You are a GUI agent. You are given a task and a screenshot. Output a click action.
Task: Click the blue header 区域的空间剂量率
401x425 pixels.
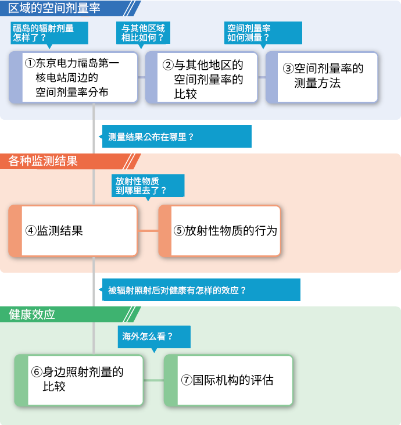tap(54, 8)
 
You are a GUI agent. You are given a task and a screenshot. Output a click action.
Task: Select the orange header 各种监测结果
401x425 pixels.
tap(44, 161)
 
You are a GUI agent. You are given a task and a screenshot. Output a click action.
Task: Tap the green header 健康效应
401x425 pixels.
tap(32, 315)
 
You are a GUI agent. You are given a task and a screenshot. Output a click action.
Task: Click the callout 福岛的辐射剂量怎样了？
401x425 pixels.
tap(49, 33)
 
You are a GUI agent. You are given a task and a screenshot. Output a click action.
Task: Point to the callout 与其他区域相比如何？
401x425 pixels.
tap(143, 33)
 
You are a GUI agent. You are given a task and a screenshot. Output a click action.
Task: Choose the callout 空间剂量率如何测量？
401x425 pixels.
tap(263, 33)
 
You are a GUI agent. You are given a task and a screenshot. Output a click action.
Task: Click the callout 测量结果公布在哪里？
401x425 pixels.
tap(177, 136)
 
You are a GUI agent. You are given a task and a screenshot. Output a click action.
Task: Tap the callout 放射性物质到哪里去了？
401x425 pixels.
tap(148, 185)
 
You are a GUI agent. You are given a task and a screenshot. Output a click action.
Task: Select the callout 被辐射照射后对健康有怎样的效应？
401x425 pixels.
tap(201, 290)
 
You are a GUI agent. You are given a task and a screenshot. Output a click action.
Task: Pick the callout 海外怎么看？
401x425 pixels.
tap(154, 337)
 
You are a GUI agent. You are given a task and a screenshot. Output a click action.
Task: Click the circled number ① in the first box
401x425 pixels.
tap(30, 63)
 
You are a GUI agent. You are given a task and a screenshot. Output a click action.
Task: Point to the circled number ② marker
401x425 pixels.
tap(169, 65)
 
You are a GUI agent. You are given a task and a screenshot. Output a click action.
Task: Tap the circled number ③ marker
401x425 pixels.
tap(288, 69)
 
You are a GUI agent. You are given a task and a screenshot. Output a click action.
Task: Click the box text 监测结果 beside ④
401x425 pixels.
tap(60, 231)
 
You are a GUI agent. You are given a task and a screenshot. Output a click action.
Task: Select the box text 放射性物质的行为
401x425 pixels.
tap(231, 231)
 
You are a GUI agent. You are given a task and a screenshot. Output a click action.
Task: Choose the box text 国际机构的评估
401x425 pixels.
tap(233, 380)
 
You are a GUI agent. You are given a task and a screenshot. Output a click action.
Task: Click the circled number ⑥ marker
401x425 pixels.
tap(37, 372)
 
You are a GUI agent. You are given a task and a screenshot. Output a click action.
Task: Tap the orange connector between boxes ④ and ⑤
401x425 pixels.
tap(148, 231)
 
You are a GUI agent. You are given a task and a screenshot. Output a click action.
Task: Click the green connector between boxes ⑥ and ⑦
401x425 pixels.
tap(153, 380)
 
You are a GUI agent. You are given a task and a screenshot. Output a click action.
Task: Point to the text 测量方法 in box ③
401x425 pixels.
tap(317, 83)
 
